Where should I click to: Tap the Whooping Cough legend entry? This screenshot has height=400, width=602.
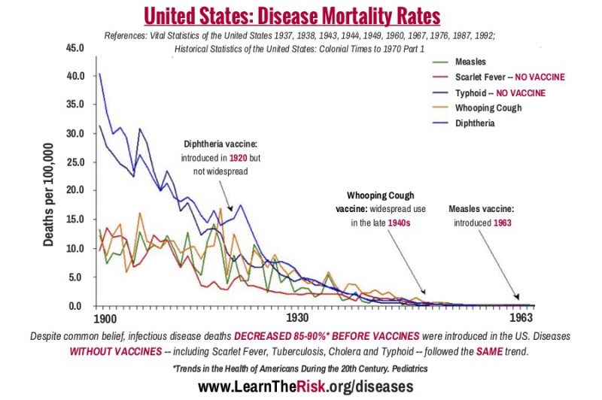(488, 108)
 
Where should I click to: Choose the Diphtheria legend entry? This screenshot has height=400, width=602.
(477, 123)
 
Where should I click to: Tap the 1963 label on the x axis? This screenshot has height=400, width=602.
(521, 319)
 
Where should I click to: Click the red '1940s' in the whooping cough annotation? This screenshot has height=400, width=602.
(400, 223)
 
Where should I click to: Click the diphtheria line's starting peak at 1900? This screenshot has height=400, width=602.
(100, 74)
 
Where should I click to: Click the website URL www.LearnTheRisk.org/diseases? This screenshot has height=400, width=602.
(306, 386)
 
